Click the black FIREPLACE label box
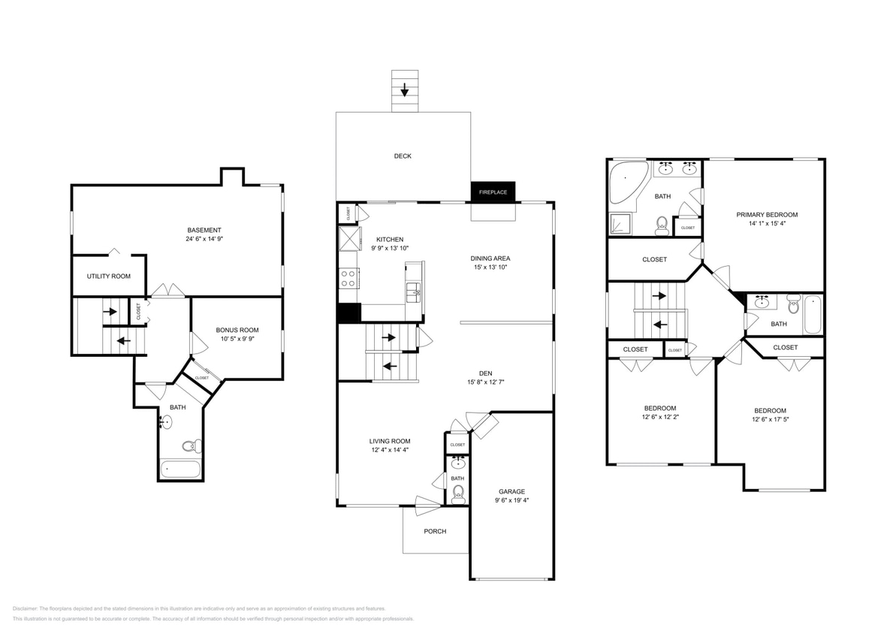tap(493, 192)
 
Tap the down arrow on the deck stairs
tap(405, 91)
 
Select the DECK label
tap(403, 156)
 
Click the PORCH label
tap(435, 531)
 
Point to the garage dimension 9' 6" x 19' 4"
tap(511, 500)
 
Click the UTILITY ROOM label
tap(109, 276)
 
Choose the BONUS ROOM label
tap(237, 330)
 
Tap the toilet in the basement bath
tap(191, 445)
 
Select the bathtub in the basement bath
tap(181, 470)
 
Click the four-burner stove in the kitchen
tap(348, 279)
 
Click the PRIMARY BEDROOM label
tap(766, 215)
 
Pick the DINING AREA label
tap(490, 258)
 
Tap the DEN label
tap(486, 373)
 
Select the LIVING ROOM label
tap(390, 442)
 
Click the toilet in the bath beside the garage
tap(458, 494)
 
